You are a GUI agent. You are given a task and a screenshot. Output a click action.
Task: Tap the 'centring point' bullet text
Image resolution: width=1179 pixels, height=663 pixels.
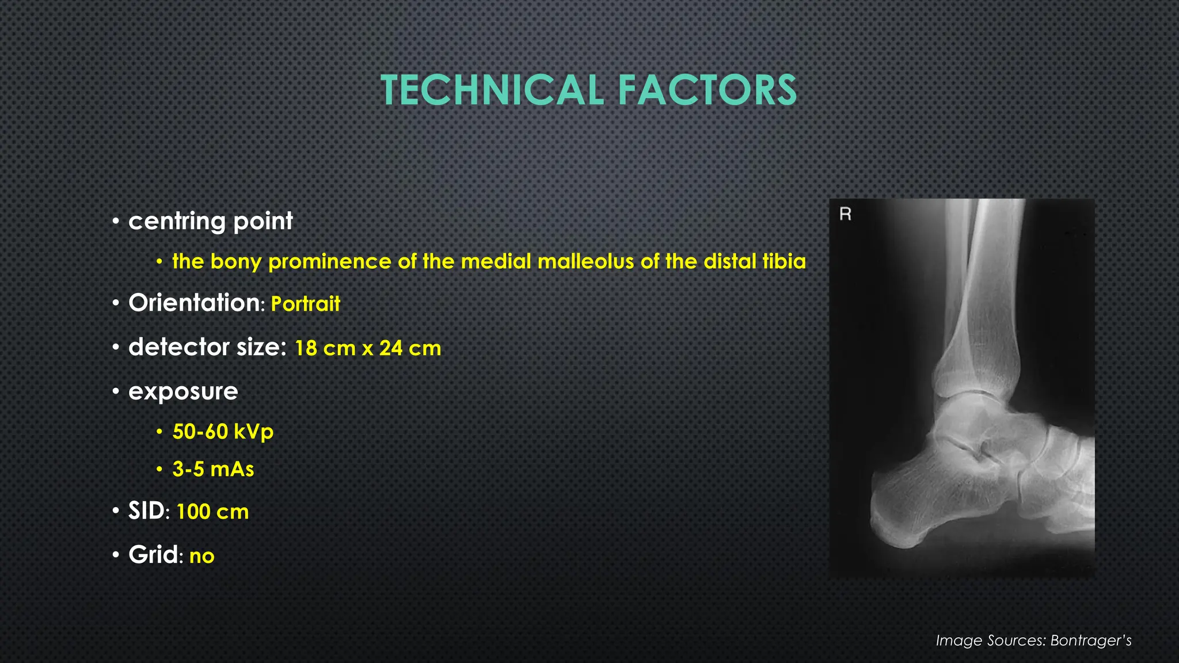coord(210,221)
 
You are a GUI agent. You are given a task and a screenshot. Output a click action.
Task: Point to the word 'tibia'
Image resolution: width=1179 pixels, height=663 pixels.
coord(784,262)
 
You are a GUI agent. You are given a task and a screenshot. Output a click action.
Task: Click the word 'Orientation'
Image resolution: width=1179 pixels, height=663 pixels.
coord(194,303)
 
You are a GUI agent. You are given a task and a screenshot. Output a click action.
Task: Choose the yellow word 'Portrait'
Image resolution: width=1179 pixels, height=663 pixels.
coord(305,304)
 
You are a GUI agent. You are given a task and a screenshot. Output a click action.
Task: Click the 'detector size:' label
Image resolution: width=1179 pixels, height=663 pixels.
coord(207,347)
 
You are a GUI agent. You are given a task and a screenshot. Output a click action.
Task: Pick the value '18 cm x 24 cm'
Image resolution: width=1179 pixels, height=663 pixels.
coord(368,348)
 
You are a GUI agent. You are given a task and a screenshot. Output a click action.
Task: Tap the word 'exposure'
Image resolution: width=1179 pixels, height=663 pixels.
coord(183,391)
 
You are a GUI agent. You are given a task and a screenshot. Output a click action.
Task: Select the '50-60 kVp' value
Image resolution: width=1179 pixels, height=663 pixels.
coord(223,432)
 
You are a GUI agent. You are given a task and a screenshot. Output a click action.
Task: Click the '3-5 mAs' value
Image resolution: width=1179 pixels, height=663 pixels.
coord(213,469)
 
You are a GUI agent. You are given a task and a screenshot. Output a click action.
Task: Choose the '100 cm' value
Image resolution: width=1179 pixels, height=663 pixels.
coord(212,512)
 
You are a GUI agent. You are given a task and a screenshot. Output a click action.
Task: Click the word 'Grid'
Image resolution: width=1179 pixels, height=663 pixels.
coord(153,555)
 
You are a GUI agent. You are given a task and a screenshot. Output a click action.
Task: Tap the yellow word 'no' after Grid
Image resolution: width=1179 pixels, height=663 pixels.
coord(201,556)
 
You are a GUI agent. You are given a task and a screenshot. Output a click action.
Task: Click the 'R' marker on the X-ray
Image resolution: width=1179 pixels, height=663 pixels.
coord(845,214)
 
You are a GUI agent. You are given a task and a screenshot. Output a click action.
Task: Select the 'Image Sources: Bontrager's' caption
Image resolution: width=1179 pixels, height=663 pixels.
coord(1033,641)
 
